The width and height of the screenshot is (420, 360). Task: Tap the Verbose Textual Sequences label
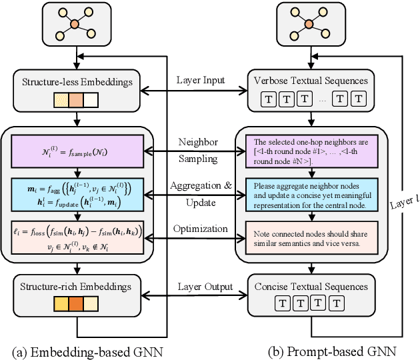(311, 81)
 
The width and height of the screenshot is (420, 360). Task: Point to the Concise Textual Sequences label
(311, 287)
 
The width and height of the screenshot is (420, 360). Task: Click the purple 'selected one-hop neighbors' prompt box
(311, 152)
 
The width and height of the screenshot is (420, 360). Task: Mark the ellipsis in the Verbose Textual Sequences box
(323, 100)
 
